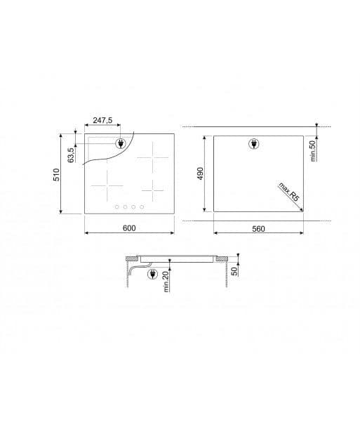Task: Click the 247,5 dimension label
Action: click(102, 121)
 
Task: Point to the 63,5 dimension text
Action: click(70, 155)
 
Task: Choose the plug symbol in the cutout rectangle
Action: click(254, 145)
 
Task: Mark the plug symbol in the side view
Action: click(152, 275)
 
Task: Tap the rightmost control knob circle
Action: click(142, 206)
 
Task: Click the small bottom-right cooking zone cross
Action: click(151, 188)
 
